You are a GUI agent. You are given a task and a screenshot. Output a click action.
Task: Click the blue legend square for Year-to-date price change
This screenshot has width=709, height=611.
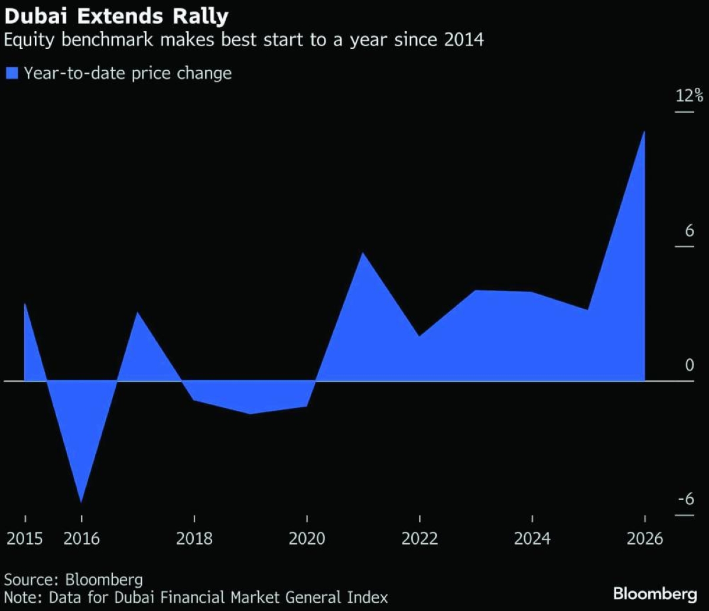pos(12,73)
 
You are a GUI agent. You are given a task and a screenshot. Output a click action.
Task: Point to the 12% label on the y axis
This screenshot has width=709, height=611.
pos(690,96)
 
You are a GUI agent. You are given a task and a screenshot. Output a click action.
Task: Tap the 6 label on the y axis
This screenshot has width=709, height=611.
pos(689,231)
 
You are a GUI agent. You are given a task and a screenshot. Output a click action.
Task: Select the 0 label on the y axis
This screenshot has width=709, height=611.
pos(690,365)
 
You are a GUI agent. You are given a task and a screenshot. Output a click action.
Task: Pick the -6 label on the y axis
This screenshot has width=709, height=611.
pos(685,499)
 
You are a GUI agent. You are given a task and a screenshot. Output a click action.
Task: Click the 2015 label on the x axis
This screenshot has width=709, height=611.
pos(25,539)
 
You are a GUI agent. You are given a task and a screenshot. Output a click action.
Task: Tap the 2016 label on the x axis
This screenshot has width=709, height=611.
pos(82,539)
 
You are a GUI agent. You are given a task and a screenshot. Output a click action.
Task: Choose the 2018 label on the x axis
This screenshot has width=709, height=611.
pos(194,539)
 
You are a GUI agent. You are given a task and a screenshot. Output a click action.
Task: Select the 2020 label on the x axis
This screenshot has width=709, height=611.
pos(307,539)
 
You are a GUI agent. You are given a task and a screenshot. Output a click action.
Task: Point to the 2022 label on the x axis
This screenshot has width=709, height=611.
pos(419,539)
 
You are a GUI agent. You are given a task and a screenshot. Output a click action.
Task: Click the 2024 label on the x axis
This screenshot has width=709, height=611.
pos(532,539)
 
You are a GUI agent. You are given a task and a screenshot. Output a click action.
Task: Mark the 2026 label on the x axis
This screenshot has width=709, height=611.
pos(645,539)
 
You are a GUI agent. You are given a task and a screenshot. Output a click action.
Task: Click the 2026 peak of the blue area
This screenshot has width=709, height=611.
pos(643,132)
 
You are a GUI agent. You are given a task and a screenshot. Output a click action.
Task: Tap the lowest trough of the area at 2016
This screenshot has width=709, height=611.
pos(81,502)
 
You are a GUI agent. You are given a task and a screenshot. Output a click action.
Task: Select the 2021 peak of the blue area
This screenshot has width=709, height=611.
pos(362,253)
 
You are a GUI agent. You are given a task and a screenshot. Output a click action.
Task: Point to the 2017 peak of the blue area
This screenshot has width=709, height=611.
pos(137,312)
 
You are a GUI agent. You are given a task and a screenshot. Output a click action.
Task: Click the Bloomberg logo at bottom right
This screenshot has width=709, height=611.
pos(656,593)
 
